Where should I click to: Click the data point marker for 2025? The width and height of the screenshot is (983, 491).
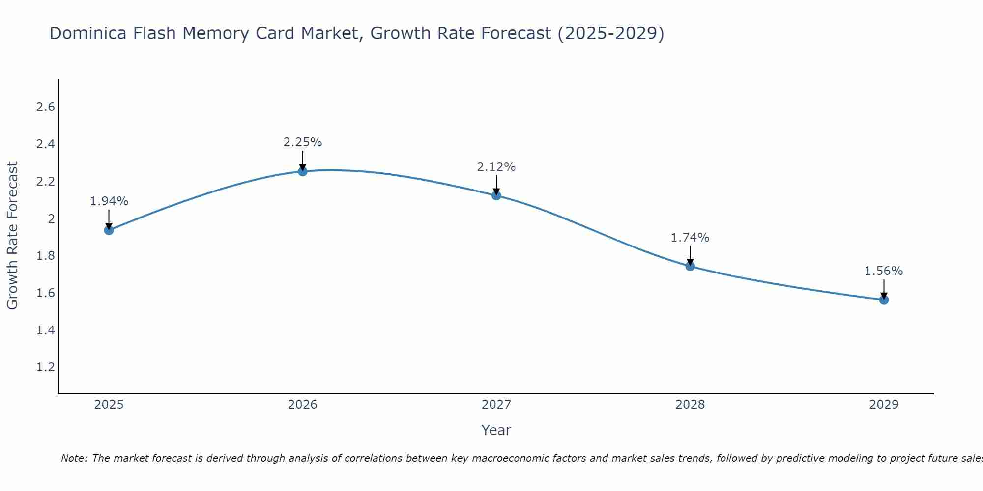(109, 230)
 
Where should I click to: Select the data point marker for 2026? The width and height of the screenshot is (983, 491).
(303, 171)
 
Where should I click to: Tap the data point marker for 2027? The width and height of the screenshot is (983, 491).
(496, 195)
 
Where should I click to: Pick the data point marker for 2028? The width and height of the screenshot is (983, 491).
(690, 266)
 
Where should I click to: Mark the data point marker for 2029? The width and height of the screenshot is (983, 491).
(884, 300)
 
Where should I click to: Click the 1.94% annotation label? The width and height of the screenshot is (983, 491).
(109, 201)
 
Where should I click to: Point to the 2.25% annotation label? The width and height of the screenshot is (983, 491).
(303, 142)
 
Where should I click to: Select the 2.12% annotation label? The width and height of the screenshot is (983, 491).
(496, 167)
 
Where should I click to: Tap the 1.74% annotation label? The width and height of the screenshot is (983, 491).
(690, 238)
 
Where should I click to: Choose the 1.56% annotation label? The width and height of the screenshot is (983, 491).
(884, 271)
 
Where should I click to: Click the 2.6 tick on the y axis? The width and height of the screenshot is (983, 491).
(45, 107)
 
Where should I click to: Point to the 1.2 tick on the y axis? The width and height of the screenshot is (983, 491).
(45, 367)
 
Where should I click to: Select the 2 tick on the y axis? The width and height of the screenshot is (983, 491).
(51, 218)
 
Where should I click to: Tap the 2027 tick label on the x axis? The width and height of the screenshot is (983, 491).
(496, 405)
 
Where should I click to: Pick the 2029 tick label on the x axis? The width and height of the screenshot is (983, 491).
(884, 405)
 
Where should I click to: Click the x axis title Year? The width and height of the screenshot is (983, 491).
(496, 430)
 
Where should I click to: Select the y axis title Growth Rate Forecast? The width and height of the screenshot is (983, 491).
(12, 236)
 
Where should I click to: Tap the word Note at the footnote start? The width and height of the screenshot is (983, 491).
(74, 458)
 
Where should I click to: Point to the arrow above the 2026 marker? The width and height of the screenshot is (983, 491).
(303, 160)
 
